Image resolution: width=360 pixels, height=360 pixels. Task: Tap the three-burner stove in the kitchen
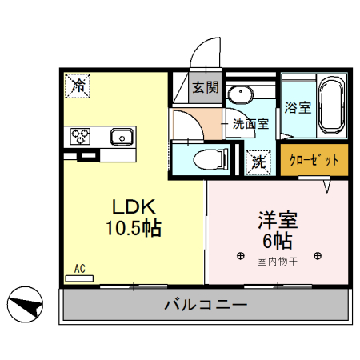pos(83,136)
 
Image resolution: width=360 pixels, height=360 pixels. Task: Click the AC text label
pos(79,269)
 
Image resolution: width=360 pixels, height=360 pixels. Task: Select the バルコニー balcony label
pos(205,305)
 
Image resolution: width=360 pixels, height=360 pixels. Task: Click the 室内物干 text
pos(277,261)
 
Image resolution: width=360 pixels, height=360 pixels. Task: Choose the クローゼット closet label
pos(314,159)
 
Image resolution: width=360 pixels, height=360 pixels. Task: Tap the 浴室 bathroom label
pos(298,107)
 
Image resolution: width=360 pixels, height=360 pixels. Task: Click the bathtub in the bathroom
pos(330,106)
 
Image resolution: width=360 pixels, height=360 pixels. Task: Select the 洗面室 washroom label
pos(250,125)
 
